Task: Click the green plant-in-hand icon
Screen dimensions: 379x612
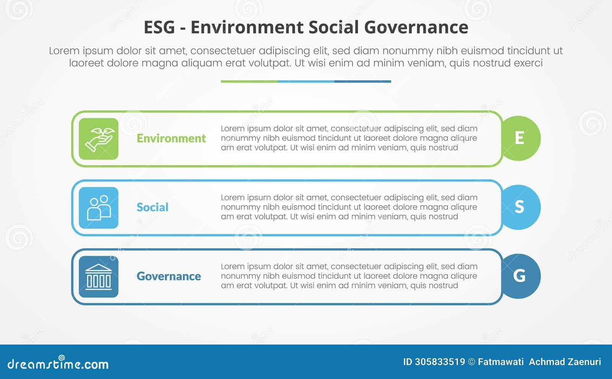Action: (x=99, y=139)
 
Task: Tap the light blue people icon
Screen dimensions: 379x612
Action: (x=99, y=207)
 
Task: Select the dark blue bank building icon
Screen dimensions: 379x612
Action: (x=99, y=276)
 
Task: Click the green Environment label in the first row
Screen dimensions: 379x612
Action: (x=171, y=138)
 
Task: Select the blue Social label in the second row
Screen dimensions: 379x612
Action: (x=152, y=207)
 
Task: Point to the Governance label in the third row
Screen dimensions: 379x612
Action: (x=169, y=276)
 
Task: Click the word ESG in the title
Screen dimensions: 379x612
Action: (x=159, y=28)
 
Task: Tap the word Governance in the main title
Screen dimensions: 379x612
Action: (x=416, y=28)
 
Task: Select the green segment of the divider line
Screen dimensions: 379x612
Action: (x=249, y=82)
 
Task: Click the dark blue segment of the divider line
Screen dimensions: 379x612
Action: (x=363, y=82)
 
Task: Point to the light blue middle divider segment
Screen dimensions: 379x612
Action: (x=306, y=82)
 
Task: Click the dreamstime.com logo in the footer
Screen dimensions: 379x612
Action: (x=58, y=363)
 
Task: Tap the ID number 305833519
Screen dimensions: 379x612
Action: (x=440, y=362)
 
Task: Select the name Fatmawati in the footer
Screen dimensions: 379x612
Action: (x=501, y=362)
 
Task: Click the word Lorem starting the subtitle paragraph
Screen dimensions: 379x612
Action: (x=64, y=51)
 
